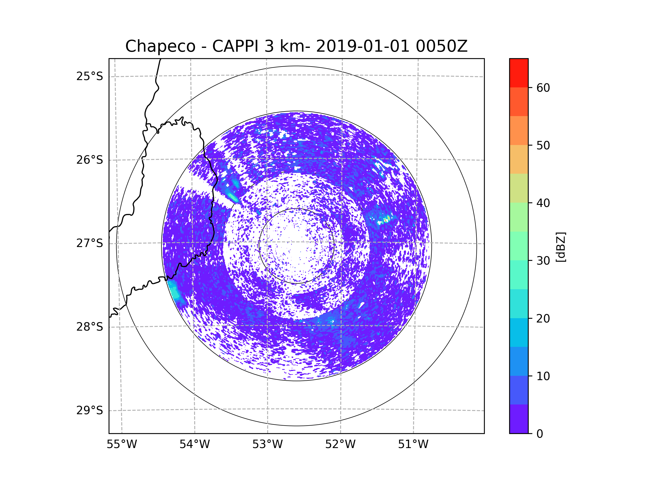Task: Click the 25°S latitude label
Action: (x=90, y=76)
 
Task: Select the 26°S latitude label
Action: (x=90, y=160)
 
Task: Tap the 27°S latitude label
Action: (x=90, y=243)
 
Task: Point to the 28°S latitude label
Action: (x=90, y=327)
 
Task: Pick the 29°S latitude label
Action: (x=90, y=410)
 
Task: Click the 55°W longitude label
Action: (x=122, y=445)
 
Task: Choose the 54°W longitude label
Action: (x=194, y=445)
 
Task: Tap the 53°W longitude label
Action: (x=267, y=445)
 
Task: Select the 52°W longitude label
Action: (x=340, y=445)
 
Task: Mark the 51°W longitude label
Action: (x=413, y=445)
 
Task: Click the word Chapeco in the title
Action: (x=160, y=46)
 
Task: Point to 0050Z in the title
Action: (x=441, y=46)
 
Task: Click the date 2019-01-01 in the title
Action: (x=363, y=46)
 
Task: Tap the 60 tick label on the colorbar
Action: (x=543, y=88)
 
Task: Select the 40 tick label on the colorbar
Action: (x=543, y=203)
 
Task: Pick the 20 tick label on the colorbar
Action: (x=543, y=318)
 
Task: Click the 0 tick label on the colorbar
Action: (x=540, y=434)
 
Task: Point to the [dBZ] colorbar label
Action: (x=561, y=247)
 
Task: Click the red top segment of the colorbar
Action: (x=519, y=73)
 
